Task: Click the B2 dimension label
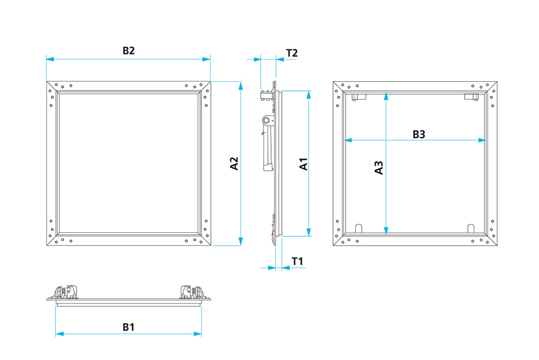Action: pyautogui.click(x=129, y=51)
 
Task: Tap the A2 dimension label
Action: pyautogui.click(x=234, y=163)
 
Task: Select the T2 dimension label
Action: pyautogui.click(x=292, y=53)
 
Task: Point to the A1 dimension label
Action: pyautogui.click(x=303, y=164)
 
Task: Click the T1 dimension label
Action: pyautogui.click(x=298, y=261)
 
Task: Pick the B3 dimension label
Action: pyautogui.click(x=419, y=134)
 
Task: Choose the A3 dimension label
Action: pyautogui.click(x=378, y=168)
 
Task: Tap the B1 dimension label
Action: pyautogui.click(x=129, y=327)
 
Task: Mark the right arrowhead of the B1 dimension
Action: pyautogui.click(x=198, y=334)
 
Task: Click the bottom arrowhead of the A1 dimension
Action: pyautogui.click(x=309, y=232)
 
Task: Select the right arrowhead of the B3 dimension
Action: pyautogui.click(x=482, y=140)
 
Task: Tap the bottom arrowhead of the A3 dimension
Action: pyautogui.click(x=386, y=231)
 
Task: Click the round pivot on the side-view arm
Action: pyautogui.click(x=267, y=120)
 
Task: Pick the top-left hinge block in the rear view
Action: pyautogui.click(x=359, y=96)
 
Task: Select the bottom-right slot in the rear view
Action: pyautogui.click(x=471, y=229)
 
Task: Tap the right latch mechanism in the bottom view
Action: pyautogui.click(x=193, y=292)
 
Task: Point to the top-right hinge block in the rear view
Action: pyautogui.click(x=471, y=96)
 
